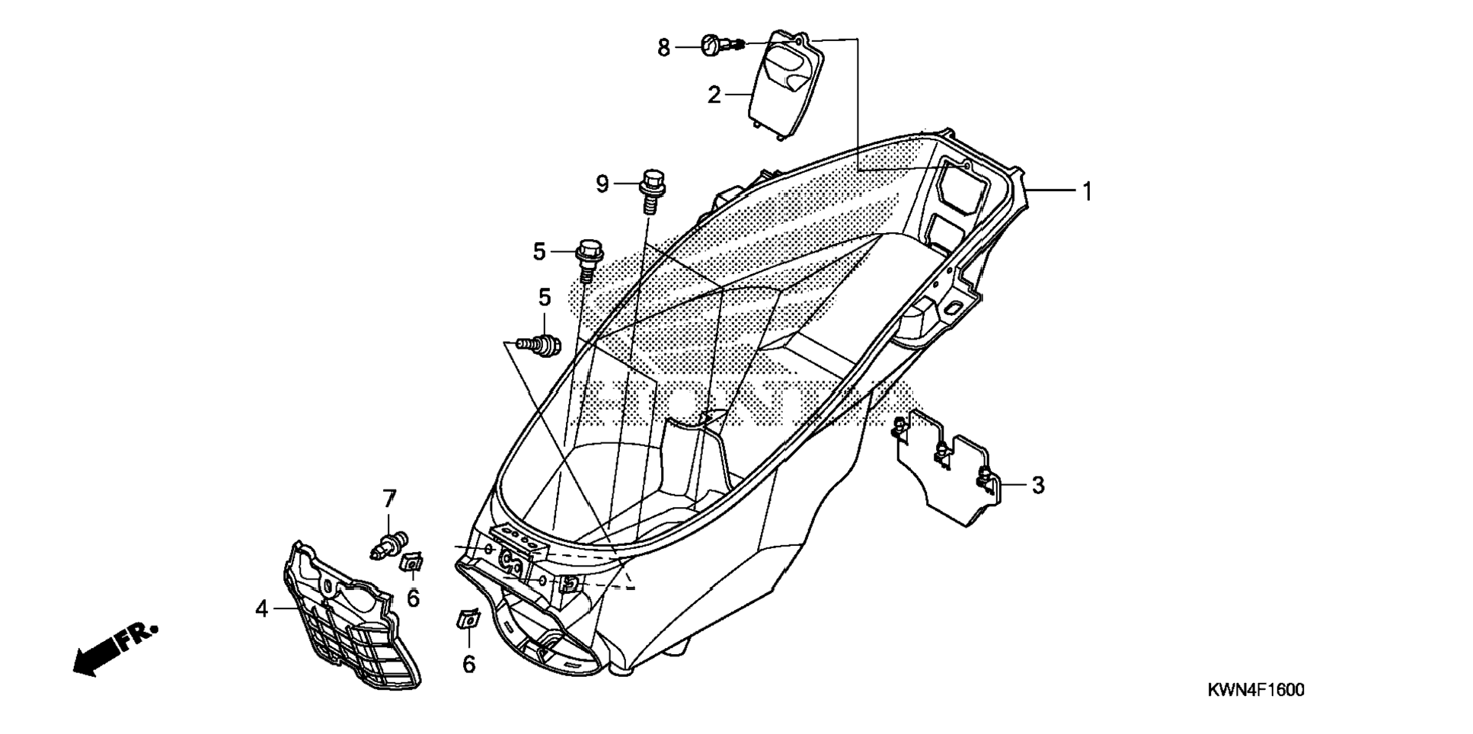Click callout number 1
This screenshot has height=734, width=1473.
tap(1088, 192)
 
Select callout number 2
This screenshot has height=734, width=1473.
tap(714, 95)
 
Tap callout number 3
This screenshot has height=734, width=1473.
tap(1038, 485)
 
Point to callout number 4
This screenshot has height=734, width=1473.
tap(262, 609)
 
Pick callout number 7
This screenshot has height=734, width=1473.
tap(389, 499)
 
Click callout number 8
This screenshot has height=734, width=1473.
tap(663, 48)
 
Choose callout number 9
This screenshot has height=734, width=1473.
tap(602, 184)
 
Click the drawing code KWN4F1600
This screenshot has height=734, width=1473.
tap(1255, 691)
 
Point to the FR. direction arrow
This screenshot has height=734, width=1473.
tap(114, 649)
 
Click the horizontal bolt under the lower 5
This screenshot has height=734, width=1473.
tap(538, 345)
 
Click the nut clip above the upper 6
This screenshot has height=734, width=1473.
tap(412, 563)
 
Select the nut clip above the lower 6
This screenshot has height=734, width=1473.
tap(468, 619)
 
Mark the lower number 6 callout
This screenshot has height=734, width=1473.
tap(469, 665)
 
